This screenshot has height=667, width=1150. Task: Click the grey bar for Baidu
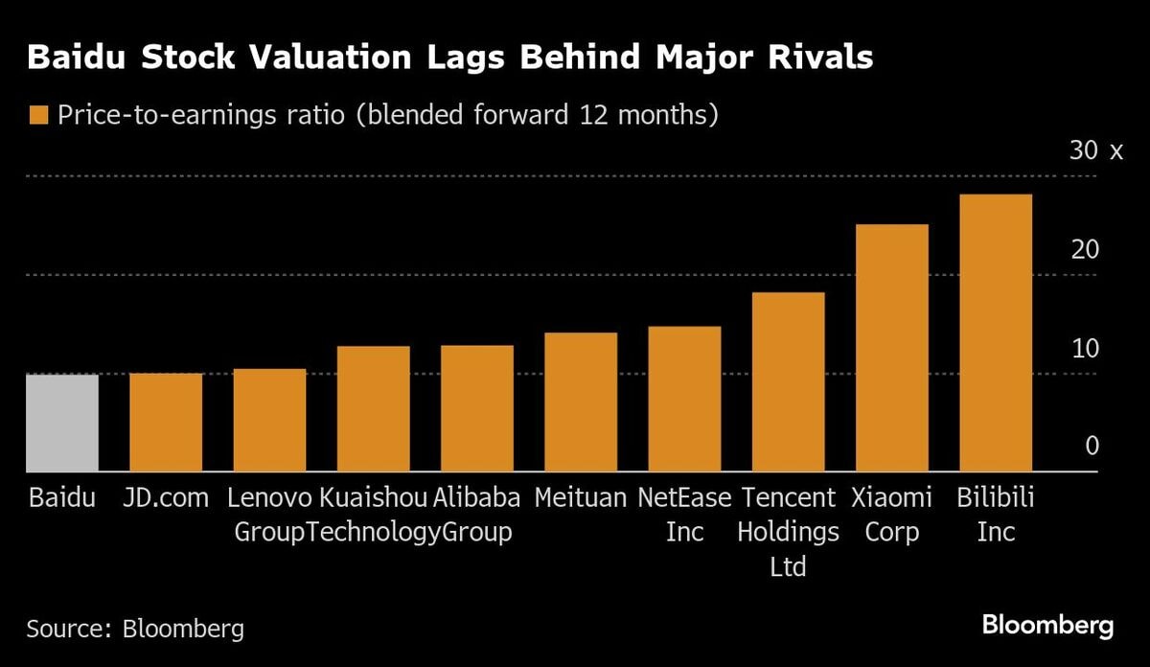pos(62,423)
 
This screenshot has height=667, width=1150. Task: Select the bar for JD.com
pos(166,423)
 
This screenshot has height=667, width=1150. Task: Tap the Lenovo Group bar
pos(269,420)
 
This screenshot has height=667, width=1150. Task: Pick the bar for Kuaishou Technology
pos(373,409)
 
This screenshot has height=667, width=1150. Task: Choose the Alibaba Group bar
pos(476,408)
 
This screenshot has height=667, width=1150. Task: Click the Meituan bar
pos(580,402)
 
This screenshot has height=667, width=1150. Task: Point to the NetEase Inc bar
pos(684,399)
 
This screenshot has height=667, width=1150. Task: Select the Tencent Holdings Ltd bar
pos(788,381)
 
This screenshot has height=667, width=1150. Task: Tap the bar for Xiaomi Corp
pos(891,348)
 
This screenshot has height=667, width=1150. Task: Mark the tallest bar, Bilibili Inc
pos(995,333)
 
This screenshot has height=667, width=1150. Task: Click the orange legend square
pos(38,115)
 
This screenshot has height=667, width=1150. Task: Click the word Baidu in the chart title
pos(80,57)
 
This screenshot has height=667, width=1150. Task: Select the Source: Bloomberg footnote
pos(135,629)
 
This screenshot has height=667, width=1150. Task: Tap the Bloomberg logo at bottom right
pos(1047,626)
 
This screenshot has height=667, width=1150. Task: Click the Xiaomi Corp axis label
pos(891,515)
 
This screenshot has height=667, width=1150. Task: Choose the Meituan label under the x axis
pos(580,498)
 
